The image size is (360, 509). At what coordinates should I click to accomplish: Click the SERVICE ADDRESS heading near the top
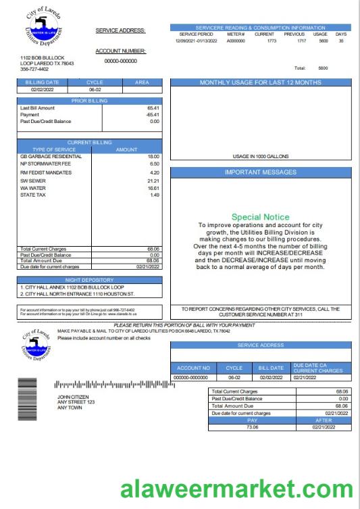tap(121, 31)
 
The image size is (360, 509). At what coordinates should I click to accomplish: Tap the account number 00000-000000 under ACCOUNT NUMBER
tap(121, 61)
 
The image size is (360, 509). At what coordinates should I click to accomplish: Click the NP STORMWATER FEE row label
tap(46, 164)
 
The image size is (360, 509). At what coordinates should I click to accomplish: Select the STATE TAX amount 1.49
tap(153, 195)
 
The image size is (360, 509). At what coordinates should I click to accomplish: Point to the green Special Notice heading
tap(260, 217)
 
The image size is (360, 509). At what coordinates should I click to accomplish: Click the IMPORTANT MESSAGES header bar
tap(261, 172)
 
